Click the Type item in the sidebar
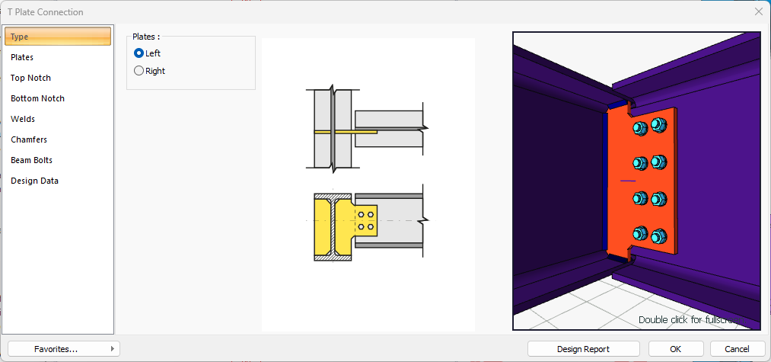click(x=58, y=37)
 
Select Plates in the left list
click(x=22, y=57)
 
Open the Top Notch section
click(x=30, y=78)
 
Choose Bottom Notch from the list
click(x=37, y=98)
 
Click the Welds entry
click(x=23, y=119)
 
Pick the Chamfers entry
click(x=29, y=140)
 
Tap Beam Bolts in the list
click(x=31, y=160)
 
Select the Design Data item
click(x=34, y=181)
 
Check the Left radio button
click(x=139, y=53)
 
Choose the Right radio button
click(x=139, y=71)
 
